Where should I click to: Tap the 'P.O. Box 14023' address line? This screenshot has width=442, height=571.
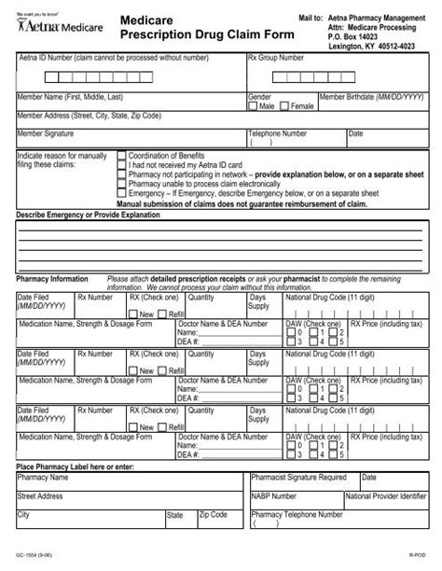tap(346, 35)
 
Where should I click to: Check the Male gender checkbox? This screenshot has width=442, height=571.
tap(252, 106)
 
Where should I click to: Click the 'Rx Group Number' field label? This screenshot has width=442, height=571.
tap(275, 58)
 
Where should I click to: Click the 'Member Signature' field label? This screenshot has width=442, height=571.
tap(47, 134)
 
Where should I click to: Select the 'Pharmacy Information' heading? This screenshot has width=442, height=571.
tap(52, 278)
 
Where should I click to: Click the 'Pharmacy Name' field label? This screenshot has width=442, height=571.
tap(46, 476)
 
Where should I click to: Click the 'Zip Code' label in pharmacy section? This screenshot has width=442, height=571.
tap(213, 514)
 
